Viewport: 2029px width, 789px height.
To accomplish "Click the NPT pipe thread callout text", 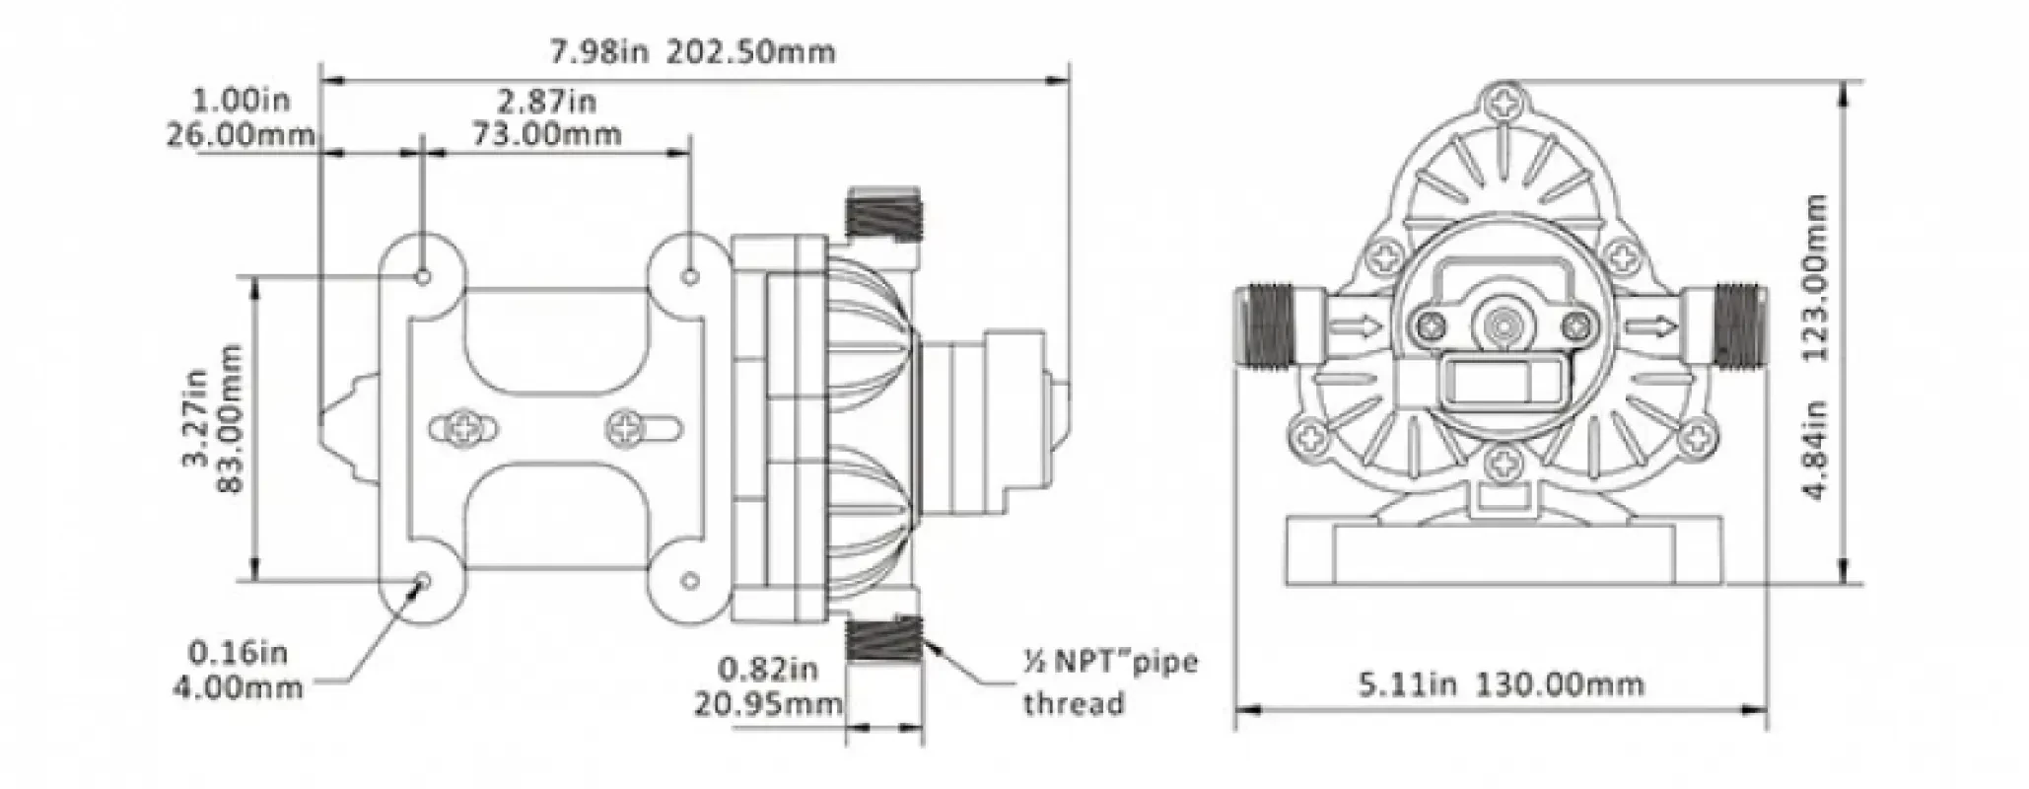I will [x=1109, y=681].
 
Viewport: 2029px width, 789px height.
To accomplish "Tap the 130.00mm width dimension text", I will [x=1501, y=683].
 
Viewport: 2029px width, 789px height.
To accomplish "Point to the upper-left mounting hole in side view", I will [x=424, y=276].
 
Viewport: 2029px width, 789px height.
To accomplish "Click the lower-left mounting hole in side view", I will [x=424, y=580].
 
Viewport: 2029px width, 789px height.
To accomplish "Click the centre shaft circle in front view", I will [x=1503, y=325].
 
